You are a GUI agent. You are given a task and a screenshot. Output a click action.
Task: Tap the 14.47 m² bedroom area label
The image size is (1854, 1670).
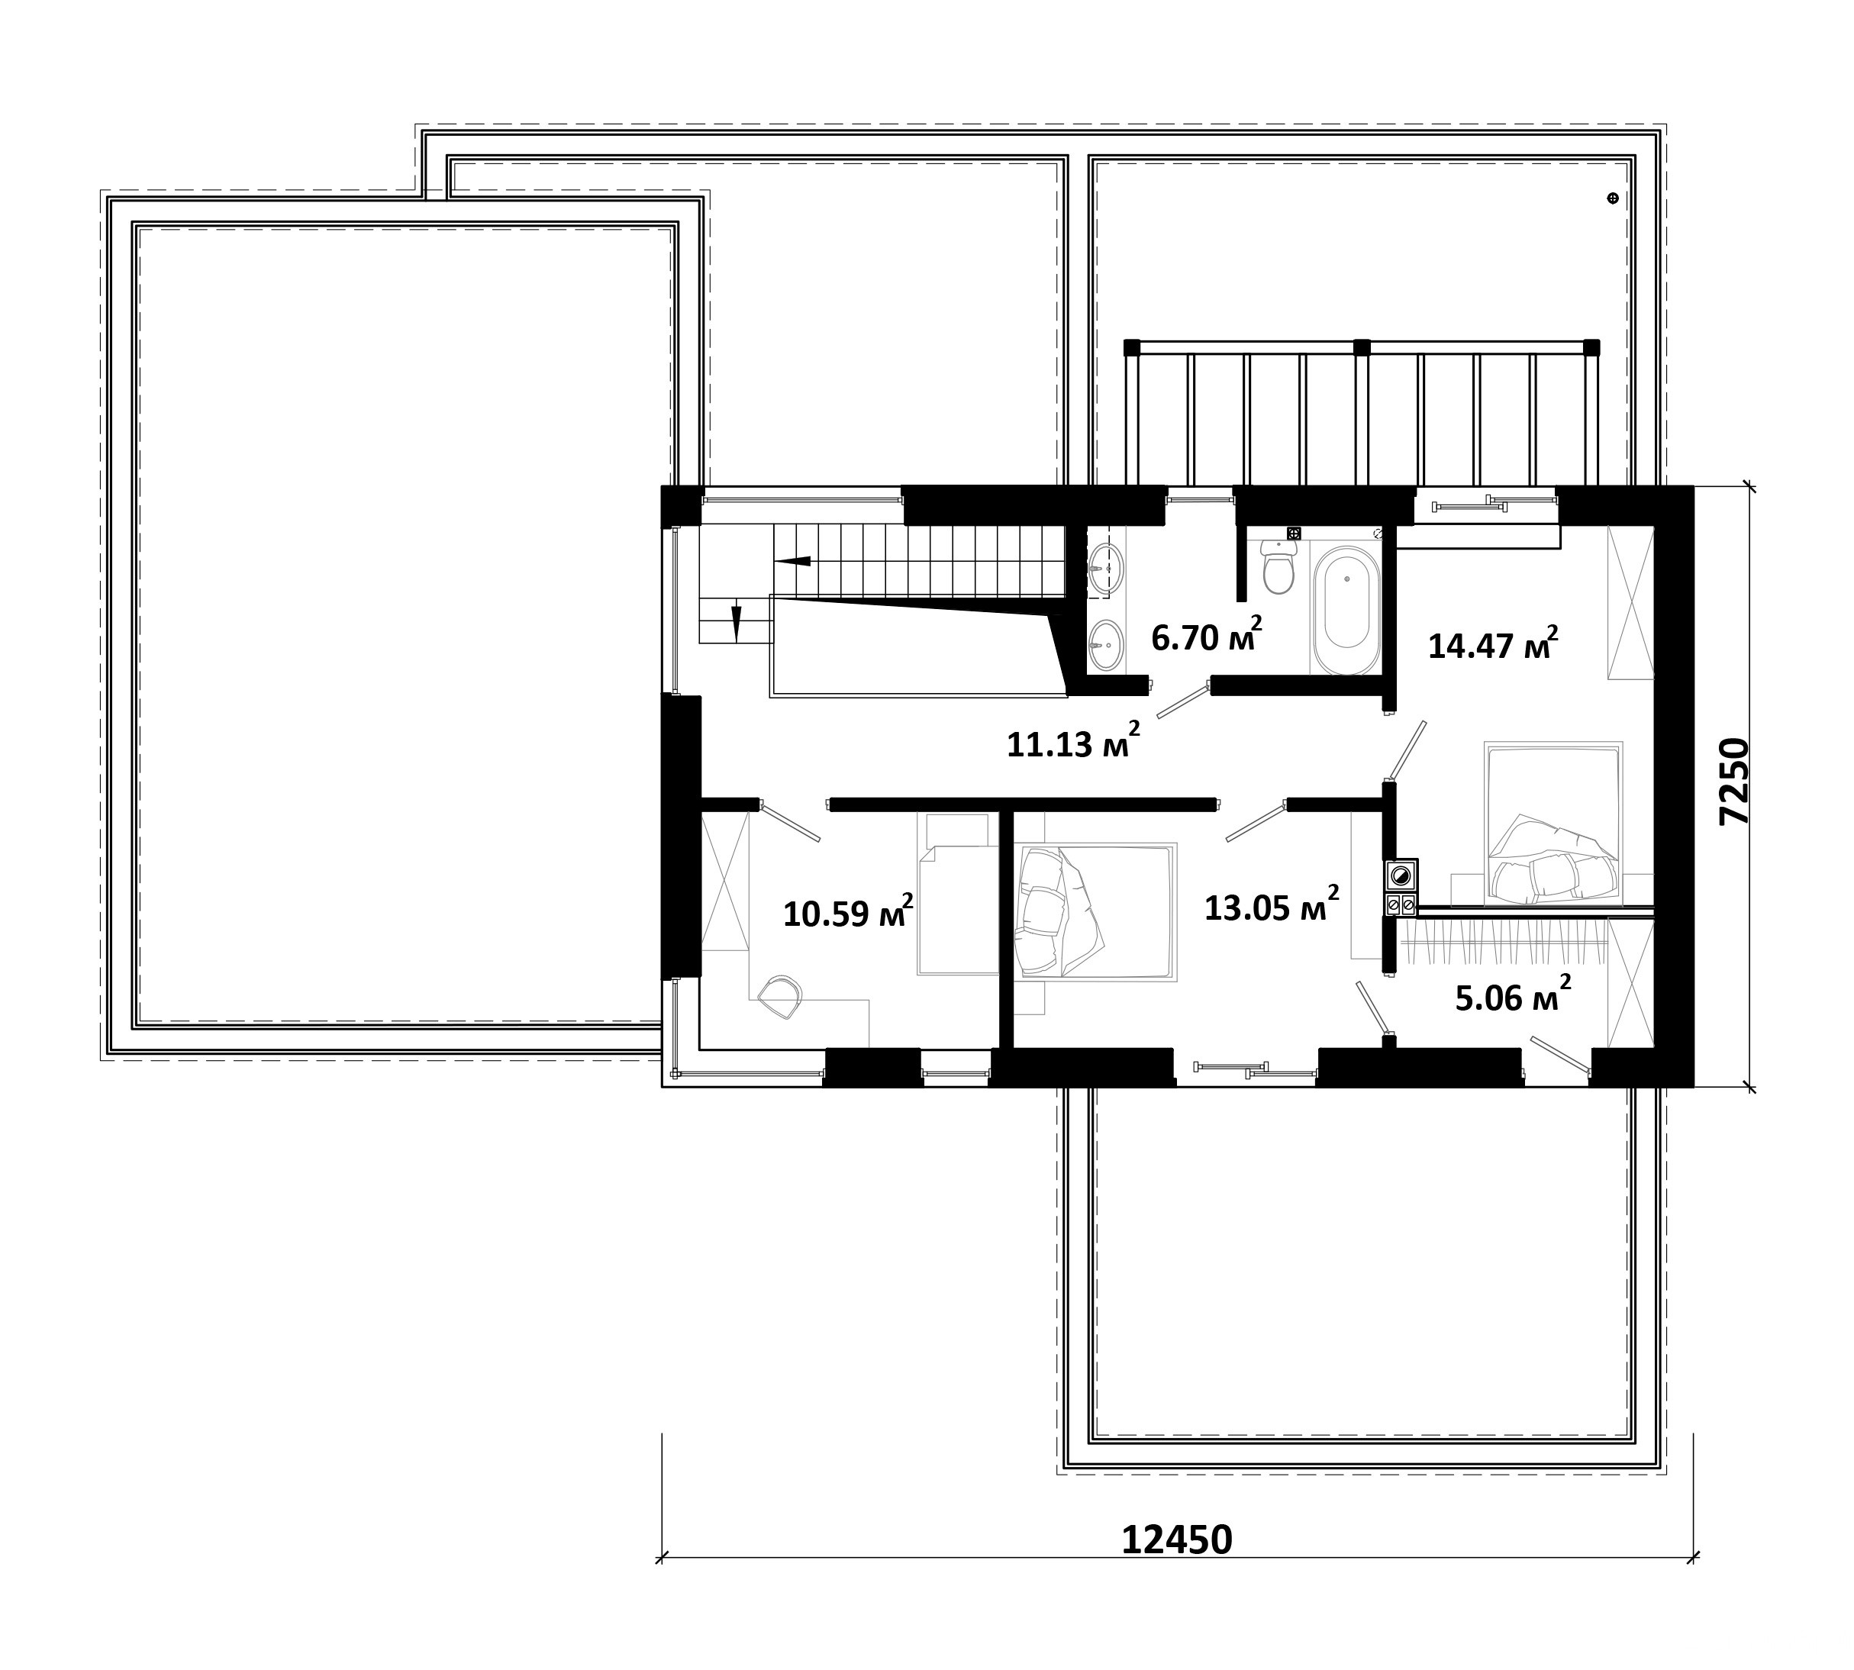point(1492,644)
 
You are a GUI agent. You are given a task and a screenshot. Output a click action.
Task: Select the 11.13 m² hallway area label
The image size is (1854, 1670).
point(1073,740)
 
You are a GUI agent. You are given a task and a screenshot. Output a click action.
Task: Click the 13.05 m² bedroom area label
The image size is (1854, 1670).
point(1272,904)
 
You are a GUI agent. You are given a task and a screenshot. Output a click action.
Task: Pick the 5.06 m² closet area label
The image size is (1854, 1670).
point(1513,995)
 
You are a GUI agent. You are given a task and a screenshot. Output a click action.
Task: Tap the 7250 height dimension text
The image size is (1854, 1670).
point(1735,782)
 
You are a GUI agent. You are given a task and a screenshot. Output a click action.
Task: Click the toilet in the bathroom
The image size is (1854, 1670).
point(1278,566)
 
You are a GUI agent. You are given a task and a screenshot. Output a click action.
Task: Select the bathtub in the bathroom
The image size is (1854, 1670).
point(1346,611)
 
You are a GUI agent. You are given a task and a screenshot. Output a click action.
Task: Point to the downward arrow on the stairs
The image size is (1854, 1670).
point(735,623)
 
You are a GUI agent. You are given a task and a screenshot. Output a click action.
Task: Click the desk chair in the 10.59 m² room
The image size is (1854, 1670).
point(781,998)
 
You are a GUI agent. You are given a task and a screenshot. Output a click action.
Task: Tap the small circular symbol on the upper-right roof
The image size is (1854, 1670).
point(1613,198)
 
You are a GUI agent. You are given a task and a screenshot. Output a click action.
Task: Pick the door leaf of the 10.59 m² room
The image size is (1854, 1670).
point(791,823)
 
